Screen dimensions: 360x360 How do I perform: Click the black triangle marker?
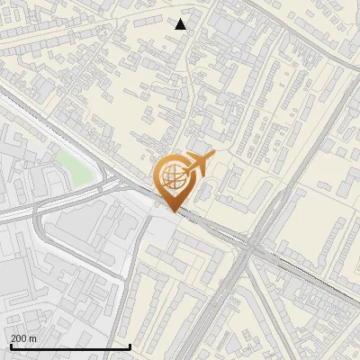tap(181, 24)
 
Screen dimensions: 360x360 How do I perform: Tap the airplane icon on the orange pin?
tap(197, 165)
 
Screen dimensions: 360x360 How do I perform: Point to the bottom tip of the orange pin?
tap(173, 211)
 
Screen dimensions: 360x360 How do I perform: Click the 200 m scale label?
tap(23, 337)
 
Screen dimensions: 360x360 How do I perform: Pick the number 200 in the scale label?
tap(19, 337)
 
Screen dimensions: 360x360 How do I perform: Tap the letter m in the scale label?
tap(33, 337)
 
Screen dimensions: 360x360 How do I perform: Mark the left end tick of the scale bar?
tap(10, 345)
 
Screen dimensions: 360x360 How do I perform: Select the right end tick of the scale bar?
tap(130, 345)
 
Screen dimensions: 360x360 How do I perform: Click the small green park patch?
tap(72, 165)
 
